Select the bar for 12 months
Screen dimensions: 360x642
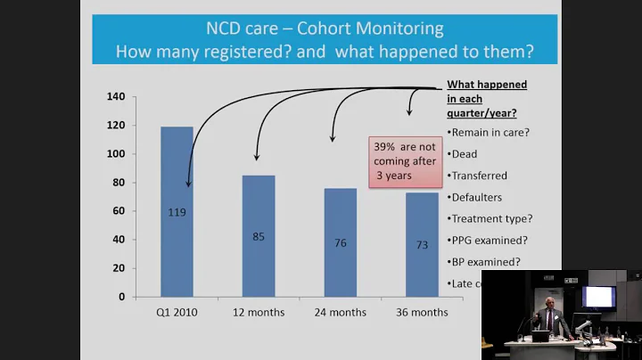(x=259, y=235)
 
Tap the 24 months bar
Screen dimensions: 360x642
(x=341, y=241)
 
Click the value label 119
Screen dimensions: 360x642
(x=177, y=212)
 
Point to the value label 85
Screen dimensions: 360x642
(x=259, y=237)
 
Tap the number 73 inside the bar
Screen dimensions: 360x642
(x=422, y=244)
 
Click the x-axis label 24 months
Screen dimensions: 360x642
(x=341, y=313)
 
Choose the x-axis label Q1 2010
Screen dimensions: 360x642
(x=177, y=313)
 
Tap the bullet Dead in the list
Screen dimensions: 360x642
(x=465, y=153)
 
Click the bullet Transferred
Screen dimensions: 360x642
(x=480, y=175)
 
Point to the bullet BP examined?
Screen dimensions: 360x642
(x=486, y=261)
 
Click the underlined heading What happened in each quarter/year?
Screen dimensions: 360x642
(x=486, y=98)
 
